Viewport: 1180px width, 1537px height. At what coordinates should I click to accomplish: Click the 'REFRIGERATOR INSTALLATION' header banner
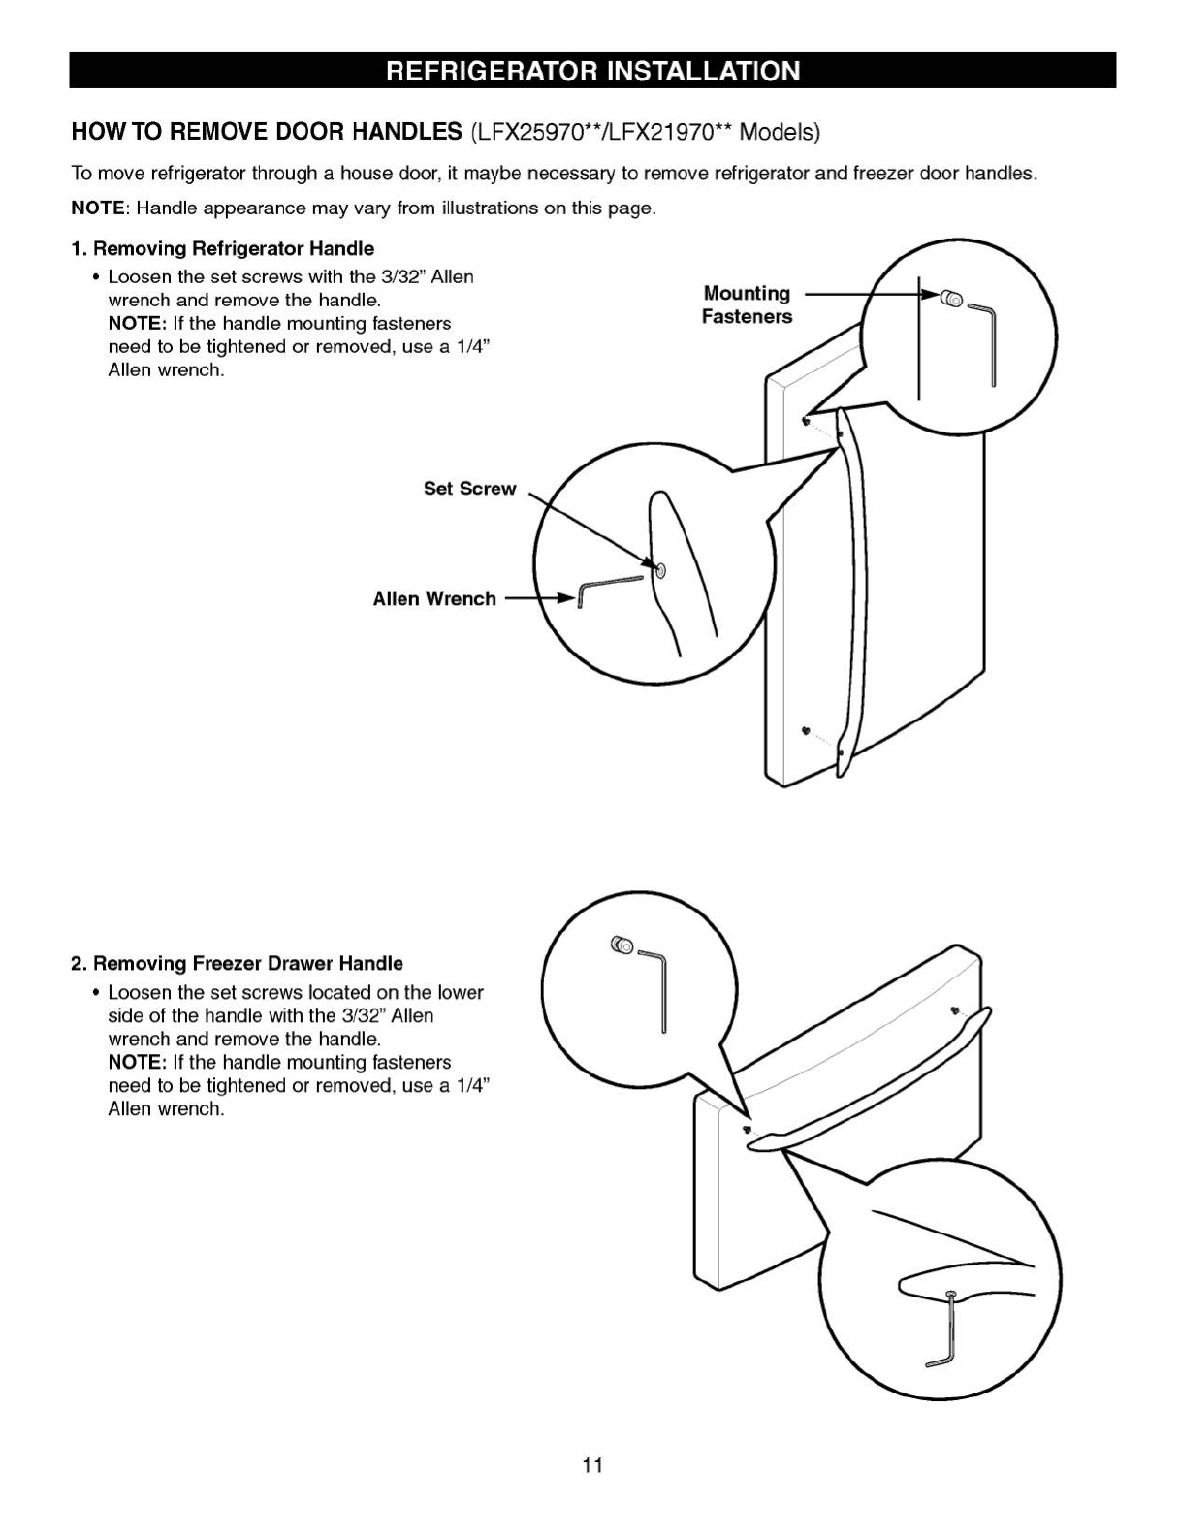(x=592, y=72)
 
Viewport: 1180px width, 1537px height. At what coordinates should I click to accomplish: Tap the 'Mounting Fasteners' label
(x=747, y=304)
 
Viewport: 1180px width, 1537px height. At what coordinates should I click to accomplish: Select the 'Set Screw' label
(x=469, y=489)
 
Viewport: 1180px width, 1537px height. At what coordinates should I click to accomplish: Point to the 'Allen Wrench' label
(x=434, y=599)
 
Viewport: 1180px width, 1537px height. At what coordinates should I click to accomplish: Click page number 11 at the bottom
(x=592, y=1464)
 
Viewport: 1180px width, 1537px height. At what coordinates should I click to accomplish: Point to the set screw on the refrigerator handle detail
(x=660, y=570)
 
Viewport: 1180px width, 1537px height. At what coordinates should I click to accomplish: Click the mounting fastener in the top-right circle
(x=949, y=299)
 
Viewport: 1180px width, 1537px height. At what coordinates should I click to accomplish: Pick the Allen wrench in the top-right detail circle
(x=984, y=339)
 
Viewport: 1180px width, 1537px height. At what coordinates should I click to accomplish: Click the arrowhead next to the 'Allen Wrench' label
(x=567, y=599)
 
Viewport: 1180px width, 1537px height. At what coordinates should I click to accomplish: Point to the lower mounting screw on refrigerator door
(x=805, y=729)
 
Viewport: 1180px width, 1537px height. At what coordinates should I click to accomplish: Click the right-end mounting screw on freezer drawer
(x=956, y=1009)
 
